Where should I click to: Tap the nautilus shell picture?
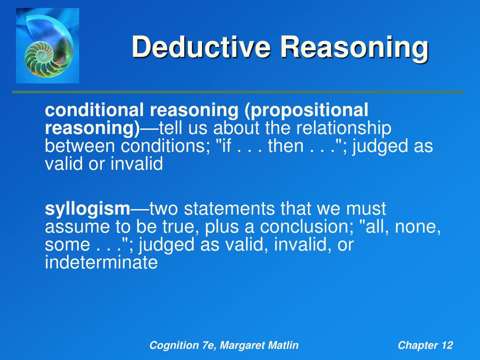47,45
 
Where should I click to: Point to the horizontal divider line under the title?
238,92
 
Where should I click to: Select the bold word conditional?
95,111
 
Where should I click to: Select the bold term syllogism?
87,208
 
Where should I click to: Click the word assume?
75,227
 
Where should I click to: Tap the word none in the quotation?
418,227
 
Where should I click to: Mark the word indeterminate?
101,263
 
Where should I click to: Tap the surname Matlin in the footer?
283,346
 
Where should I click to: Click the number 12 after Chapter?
447,346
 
